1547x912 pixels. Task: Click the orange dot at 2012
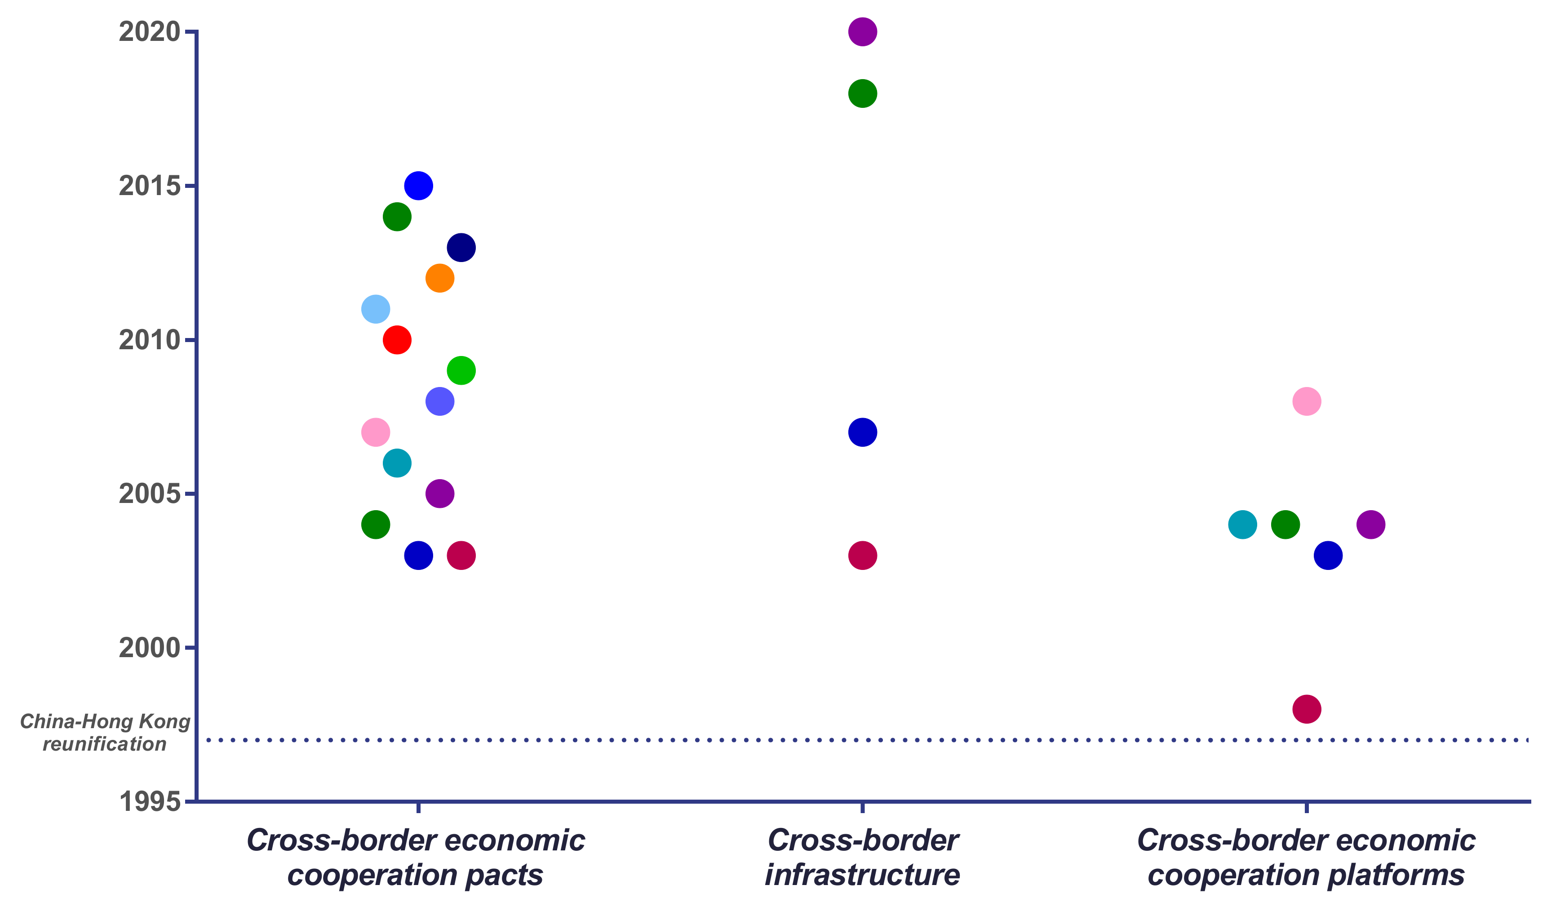(x=440, y=278)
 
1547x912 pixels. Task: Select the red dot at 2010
(x=397, y=340)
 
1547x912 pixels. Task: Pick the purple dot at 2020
(x=862, y=31)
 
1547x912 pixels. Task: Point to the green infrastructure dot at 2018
(x=862, y=93)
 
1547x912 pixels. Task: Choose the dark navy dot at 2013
(x=461, y=248)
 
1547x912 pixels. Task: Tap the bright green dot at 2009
(x=461, y=370)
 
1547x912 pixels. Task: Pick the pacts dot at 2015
(x=418, y=186)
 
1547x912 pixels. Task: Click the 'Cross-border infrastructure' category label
(x=862, y=857)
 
